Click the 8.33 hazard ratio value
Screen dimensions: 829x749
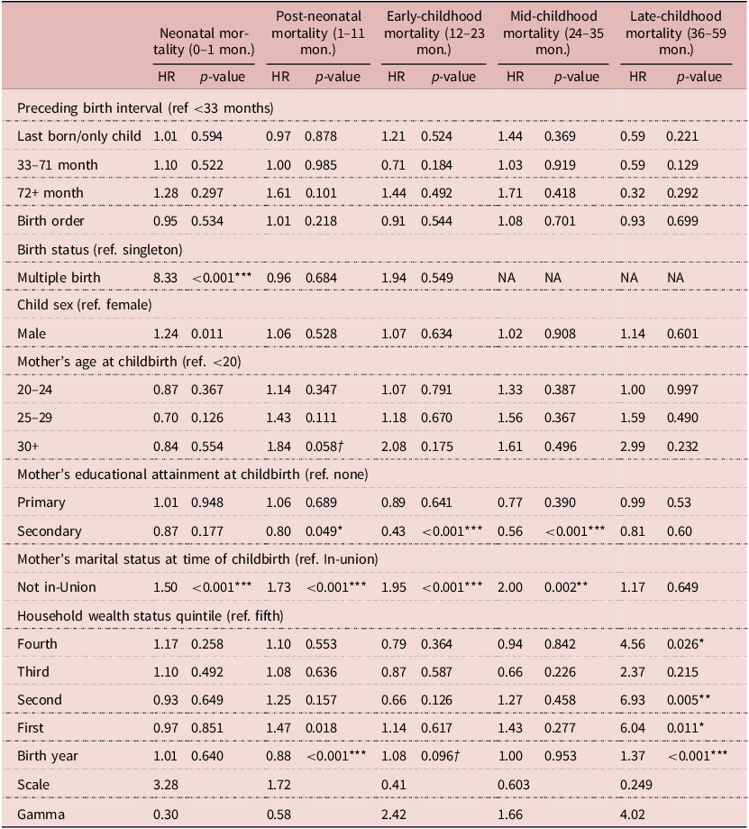click(169, 277)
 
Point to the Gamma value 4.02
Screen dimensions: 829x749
click(633, 811)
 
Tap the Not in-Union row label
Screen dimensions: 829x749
click(57, 587)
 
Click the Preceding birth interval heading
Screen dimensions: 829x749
click(145, 107)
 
